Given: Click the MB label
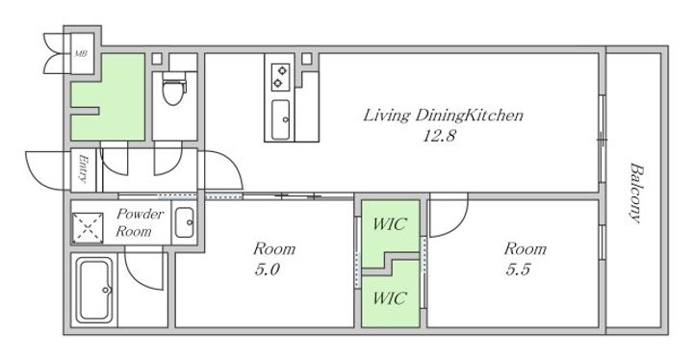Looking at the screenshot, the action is (80, 54).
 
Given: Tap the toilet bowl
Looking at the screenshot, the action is (173, 90).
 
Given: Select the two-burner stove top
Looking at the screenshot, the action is (280, 76).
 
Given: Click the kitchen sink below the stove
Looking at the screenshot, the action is (280, 119).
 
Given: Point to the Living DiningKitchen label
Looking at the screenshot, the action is (443, 116).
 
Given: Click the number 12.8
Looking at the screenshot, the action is (439, 136).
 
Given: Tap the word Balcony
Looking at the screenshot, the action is (636, 193).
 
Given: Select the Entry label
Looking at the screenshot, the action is (83, 168).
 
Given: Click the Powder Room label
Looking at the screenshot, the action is (140, 222).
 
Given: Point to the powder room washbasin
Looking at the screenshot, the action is (184, 222).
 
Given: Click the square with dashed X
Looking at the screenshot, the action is (88, 228).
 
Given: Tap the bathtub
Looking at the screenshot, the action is (94, 290).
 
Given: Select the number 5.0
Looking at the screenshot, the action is (267, 269).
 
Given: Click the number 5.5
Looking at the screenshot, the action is (518, 269).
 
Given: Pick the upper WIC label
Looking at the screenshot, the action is (390, 224).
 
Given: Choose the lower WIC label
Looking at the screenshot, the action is (390, 298).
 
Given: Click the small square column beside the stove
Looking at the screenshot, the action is (307, 59).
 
